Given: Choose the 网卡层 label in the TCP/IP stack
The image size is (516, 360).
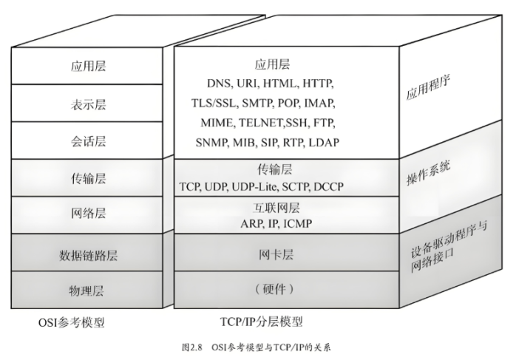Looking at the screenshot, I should click(279, 255).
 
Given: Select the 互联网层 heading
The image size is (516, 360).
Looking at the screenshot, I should click(279, 207).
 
